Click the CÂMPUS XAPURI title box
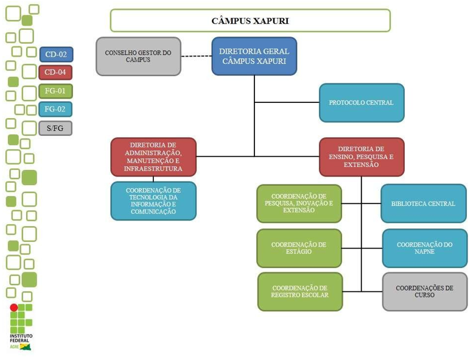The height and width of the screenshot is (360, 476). click(250, 21)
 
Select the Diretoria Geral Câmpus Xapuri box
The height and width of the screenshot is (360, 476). click(254, 56)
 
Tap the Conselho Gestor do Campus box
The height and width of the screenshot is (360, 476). click(138, 56)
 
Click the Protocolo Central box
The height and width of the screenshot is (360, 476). click(362, 102)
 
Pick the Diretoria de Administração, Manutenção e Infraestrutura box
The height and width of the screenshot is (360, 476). click(153, 157)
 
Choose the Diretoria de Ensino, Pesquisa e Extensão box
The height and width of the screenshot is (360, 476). click(362, 157)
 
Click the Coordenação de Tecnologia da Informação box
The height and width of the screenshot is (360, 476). click(153, 200)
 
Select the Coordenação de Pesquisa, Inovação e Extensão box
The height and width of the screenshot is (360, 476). click(299, 203)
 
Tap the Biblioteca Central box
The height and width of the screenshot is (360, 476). click(423, 203)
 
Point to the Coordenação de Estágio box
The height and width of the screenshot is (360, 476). click(299, 248)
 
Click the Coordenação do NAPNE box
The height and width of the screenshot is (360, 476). click(424, 248)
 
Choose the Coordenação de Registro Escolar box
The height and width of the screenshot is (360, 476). click(300, 291)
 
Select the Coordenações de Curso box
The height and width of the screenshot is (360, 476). click(424, 291)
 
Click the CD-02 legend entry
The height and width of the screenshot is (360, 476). click(56, 54)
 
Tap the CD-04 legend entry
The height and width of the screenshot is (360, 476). click(56, 73)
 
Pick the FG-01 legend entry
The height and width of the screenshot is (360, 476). click(56, 91)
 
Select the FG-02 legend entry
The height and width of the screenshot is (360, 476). click(56, 110)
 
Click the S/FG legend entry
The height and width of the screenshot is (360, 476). click(55, 128)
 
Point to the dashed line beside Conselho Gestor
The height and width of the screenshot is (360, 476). click(196, 57)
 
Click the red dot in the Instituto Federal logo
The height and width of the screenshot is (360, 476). click(13, 308)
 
